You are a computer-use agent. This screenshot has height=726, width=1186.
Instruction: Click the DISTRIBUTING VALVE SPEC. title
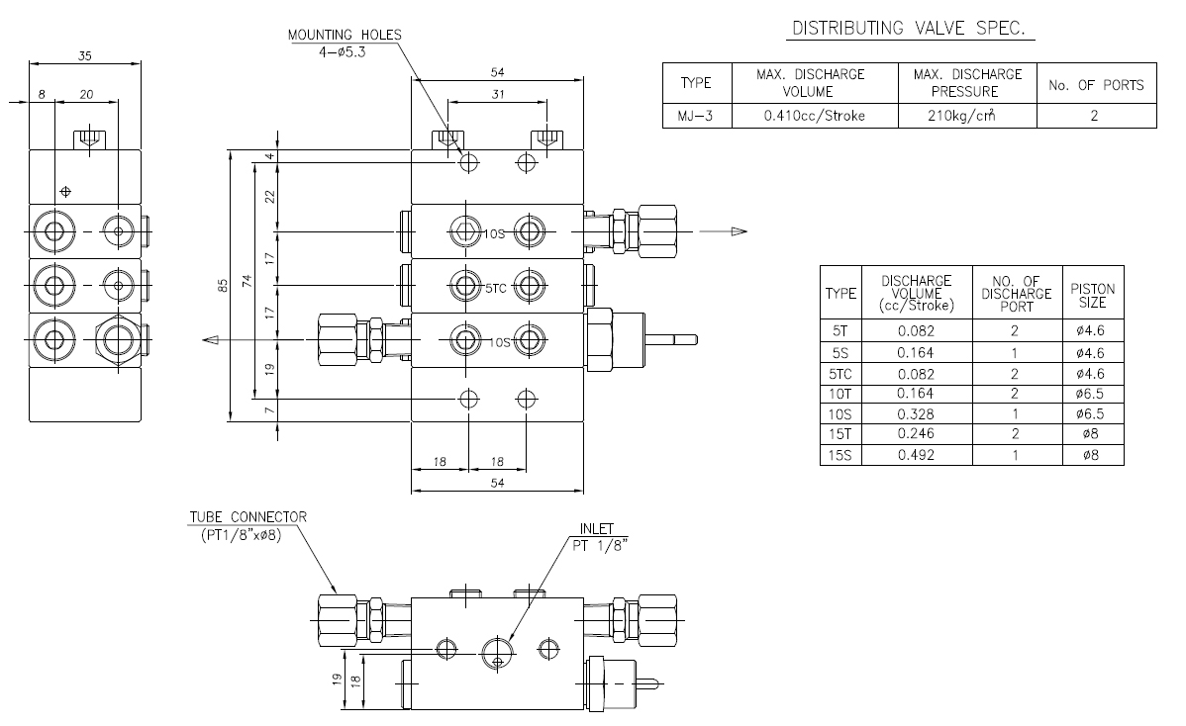[909, 29]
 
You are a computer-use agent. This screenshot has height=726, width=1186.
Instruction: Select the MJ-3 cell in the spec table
[696, 116]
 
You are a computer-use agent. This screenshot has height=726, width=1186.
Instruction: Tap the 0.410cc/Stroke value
[814, 116]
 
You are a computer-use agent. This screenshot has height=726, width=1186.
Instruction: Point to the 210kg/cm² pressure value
[961, 116]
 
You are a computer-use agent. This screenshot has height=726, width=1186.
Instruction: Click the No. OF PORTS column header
[1096, 85]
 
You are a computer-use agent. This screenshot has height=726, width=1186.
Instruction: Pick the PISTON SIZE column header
[1092, 296]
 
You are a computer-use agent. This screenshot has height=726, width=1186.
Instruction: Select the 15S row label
[840, 455]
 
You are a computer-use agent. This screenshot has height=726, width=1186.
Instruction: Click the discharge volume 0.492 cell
[916, 455]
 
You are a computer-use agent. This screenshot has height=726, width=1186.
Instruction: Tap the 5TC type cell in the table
[840, 374]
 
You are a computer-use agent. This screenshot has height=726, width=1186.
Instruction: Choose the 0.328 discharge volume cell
[916, 414]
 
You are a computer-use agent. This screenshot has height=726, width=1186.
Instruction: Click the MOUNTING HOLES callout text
[345, 35]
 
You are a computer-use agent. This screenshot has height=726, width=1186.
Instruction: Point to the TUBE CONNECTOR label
[248, 517]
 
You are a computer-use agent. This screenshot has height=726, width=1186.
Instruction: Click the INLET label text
[597, 529]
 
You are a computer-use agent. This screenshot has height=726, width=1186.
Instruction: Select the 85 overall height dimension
[223, 286]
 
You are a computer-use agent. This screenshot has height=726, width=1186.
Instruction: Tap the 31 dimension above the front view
[497, 94]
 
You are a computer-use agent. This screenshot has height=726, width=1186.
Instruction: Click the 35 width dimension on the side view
[85, 56]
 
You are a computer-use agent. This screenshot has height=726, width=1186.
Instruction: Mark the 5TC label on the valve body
[495, 289]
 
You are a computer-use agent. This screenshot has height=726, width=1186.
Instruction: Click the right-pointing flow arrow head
[739, 231]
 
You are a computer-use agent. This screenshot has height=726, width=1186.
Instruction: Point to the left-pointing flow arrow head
[211, 340]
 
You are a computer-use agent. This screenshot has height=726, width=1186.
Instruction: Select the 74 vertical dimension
[247, 281]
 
